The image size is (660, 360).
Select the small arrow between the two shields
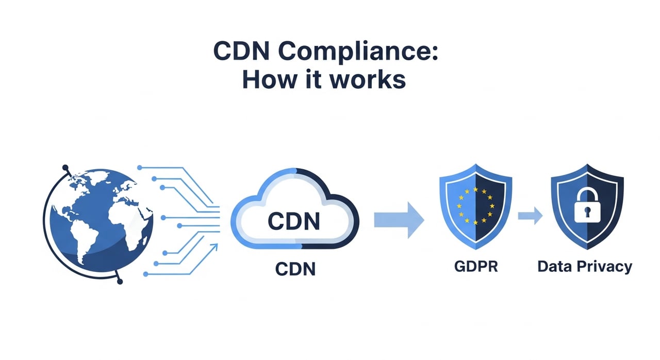[x=531, y=216]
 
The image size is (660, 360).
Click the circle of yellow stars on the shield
[x=475, y=205]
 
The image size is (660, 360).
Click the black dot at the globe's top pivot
[x=65, y=168]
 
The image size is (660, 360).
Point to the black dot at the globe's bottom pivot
[x=120, y=281]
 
